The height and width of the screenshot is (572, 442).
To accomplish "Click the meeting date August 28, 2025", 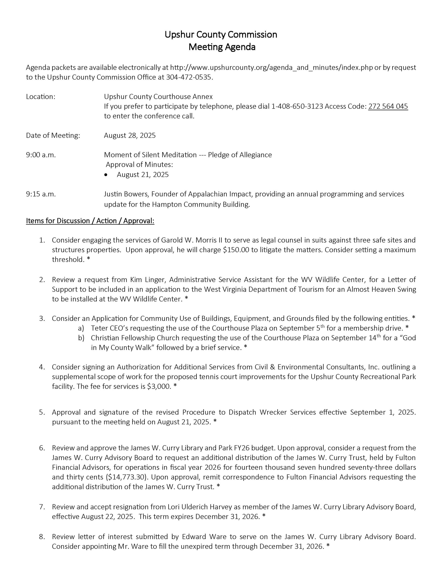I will [130, 135].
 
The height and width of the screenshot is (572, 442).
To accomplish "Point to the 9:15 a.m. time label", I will [41, 194].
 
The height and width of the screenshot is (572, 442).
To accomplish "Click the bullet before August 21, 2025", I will [106, 175].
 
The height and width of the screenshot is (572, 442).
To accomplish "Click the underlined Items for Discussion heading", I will [90, 221].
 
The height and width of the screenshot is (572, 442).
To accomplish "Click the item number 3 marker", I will [42, 319].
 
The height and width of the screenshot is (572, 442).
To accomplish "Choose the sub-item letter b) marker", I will [81, 338].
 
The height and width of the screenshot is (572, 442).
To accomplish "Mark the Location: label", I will [41, 97].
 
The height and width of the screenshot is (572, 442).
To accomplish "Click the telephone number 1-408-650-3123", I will [297, 106].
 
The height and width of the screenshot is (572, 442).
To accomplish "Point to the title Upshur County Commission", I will [221, 35].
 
